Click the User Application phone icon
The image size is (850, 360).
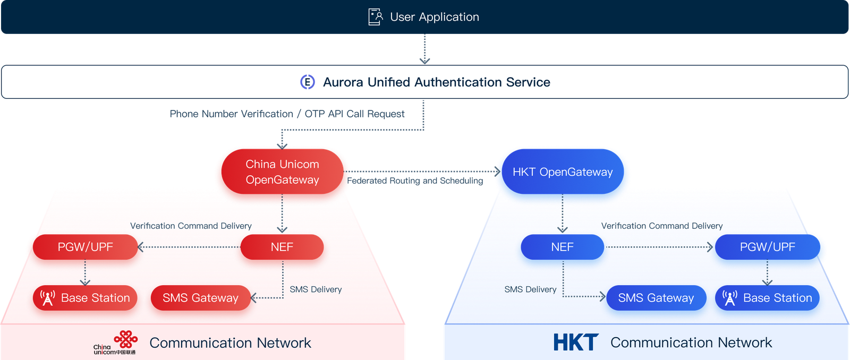pos(376,17)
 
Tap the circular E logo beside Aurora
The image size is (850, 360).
pos(308,82)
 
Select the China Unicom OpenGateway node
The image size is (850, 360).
pos(282,172)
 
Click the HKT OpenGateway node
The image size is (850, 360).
pos(563,172)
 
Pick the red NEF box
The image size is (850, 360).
pos(282,247)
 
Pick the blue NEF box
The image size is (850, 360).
pos(562,247)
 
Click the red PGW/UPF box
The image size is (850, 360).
pos(85,247)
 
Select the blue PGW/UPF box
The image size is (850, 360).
pos(767,247)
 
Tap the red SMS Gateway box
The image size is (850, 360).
pos(200,298)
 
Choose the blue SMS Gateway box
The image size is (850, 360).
pos(656,298)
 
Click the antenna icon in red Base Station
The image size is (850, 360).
pos(48,298)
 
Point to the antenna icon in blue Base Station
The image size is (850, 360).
pos(730,298)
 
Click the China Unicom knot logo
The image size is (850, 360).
pos(126,339)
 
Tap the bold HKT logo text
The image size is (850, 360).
pos(575,342)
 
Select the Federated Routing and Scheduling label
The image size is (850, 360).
pos(415,181)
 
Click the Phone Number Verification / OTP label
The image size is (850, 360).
pos(287,114)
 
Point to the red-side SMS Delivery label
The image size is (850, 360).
pos(316,289)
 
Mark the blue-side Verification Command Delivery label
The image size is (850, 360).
pos(661,226)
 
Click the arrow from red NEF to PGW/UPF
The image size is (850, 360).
pos(189,247)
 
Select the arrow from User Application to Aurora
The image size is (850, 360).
pos(424,49)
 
